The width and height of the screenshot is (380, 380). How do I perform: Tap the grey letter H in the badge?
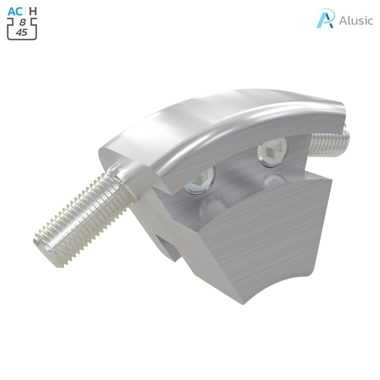tap(33, 11)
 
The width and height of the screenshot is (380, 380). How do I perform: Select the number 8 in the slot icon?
tap(22, 22)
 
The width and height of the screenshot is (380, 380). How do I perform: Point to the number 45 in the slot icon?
tap(22, 32)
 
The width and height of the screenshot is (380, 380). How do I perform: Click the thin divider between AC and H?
tap(26, 11)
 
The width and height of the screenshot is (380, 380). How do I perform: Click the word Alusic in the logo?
tap(356, 20)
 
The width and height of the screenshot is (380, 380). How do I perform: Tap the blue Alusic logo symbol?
tap(326, 19)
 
